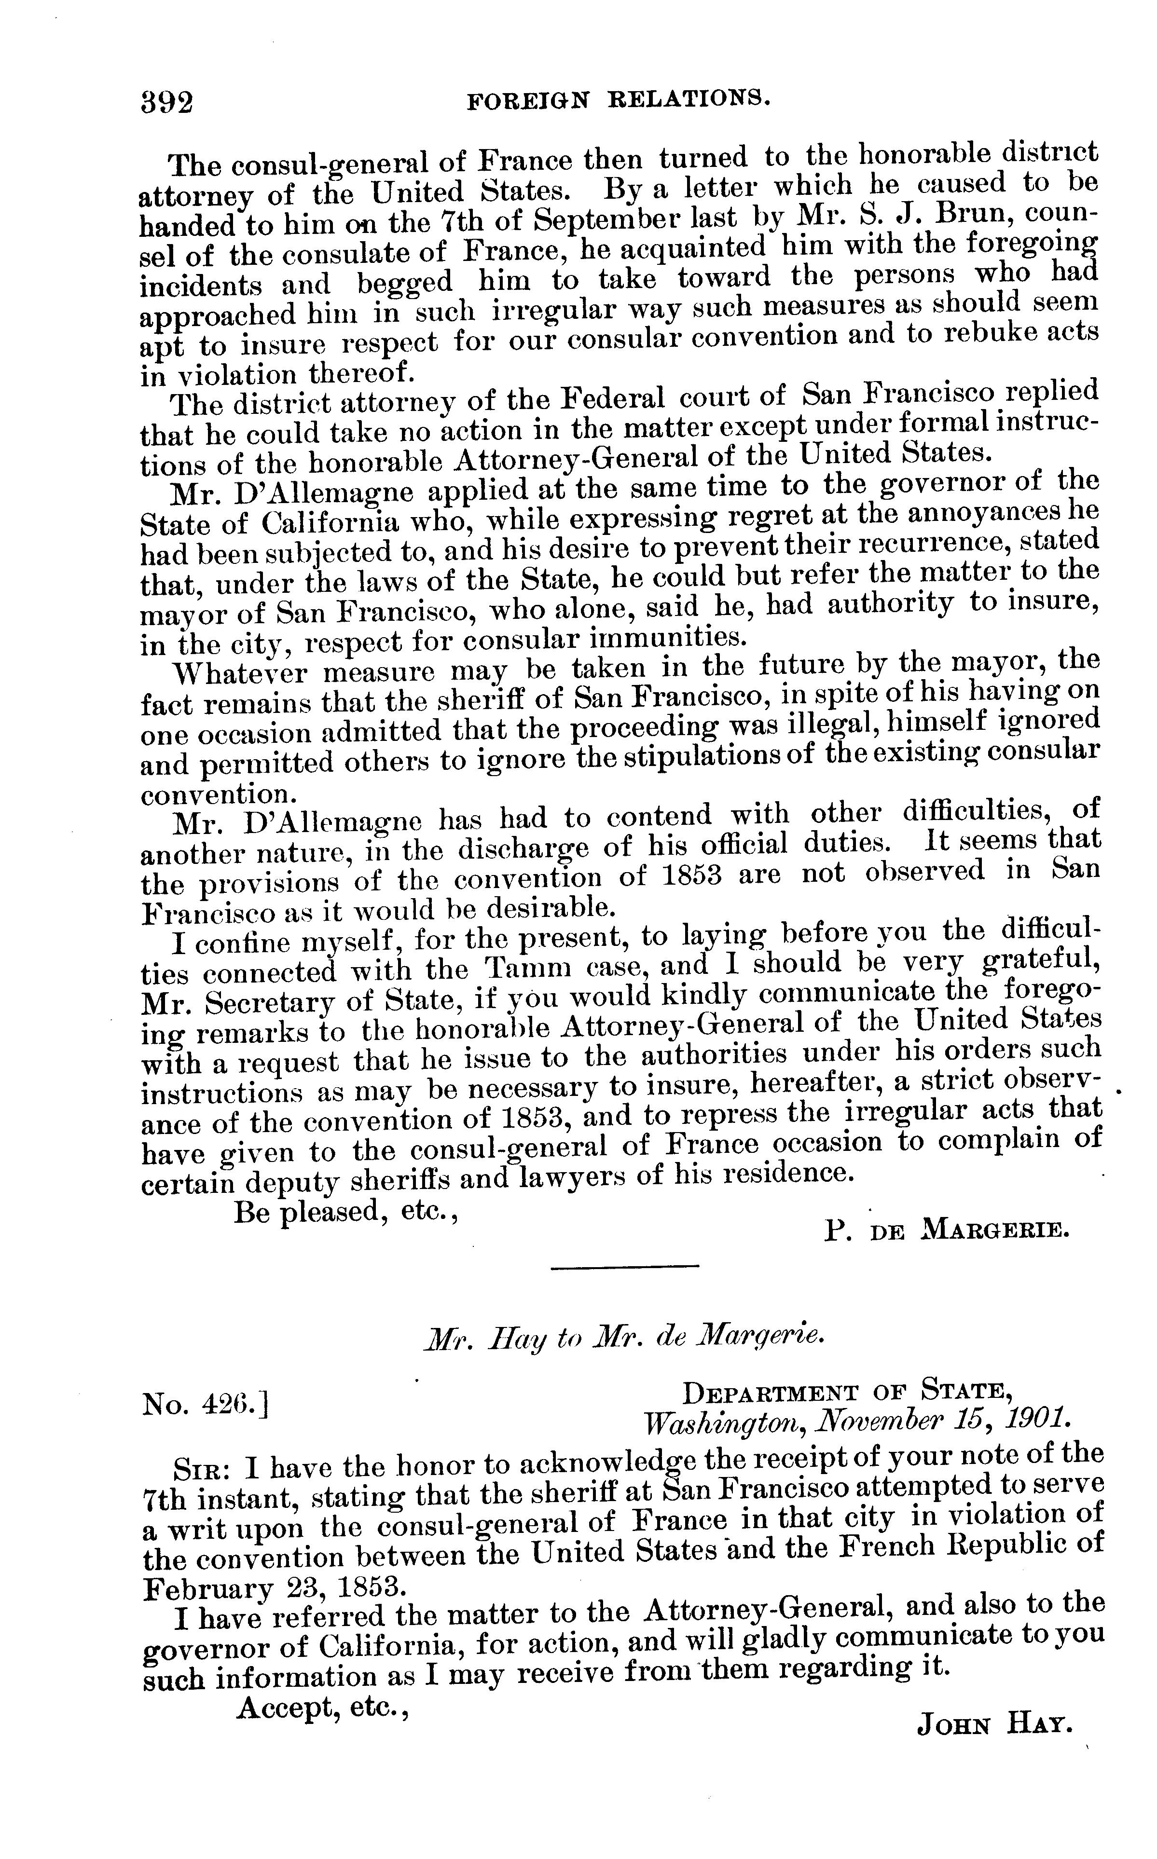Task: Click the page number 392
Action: point(167,102)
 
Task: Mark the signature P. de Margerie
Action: point(947,1231)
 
